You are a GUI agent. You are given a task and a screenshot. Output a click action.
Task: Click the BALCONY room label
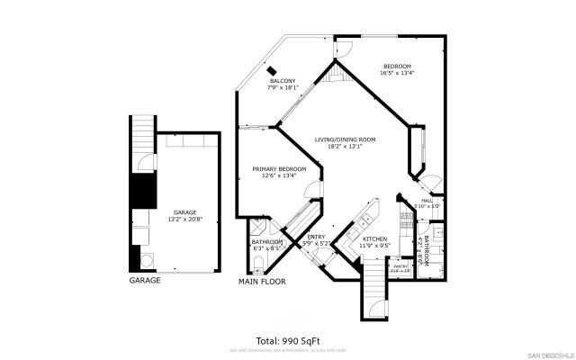point(281,81)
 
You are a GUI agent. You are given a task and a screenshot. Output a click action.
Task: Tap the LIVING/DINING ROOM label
point(344,140)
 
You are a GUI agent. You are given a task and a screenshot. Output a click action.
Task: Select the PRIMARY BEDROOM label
point(278,169)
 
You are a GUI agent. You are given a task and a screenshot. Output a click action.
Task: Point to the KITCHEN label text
point(374,238)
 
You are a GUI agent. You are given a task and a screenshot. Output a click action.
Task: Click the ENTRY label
point(316,237)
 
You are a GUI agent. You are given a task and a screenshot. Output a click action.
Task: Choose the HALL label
point(427,201)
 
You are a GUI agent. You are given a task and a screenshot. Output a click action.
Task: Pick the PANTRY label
point(400,266)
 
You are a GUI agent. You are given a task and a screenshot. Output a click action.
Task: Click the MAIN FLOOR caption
point(261,281)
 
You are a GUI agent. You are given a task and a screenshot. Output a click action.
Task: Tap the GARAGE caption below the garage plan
point(145,281)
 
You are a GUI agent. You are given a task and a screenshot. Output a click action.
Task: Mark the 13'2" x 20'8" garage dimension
point(184,219)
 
